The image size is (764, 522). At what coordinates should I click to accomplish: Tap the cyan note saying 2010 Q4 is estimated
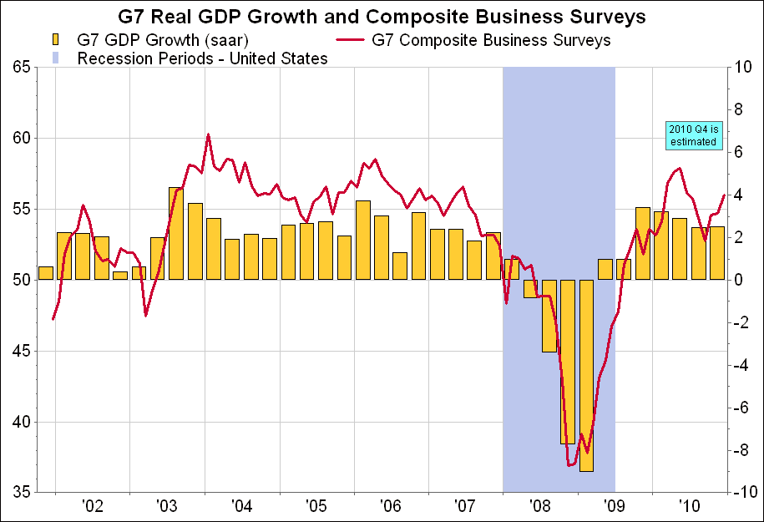point(693,135)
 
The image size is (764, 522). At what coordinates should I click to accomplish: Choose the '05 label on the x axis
point(316,505)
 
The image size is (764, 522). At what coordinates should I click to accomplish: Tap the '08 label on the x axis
point(540,505)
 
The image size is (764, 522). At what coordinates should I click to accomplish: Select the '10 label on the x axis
point(689,505)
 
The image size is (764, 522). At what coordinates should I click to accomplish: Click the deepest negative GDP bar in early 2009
point(587,376)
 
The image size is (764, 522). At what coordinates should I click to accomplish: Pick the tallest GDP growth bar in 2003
point(176,234)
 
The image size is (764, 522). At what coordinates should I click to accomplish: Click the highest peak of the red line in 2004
point(208,134)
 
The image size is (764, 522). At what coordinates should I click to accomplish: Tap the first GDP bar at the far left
point(46,273)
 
